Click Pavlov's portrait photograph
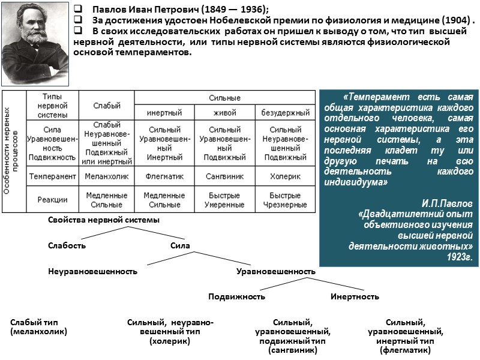click(x=35, y=43)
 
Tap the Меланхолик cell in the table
click(x=106, y=176)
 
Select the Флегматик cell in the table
click(x=164, y=176)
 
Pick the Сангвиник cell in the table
click(x=225, y=176)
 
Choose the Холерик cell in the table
click(x=285, y=176)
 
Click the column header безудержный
click(x=285, y=112)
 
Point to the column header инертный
click(x=164, y=112)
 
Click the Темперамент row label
click(x=53, y=176)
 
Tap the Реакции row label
click(x=53, y=200)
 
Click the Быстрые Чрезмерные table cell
click(x=285, y=200)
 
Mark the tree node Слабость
click(x=67, y=245)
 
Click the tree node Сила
click(x=180, y=245)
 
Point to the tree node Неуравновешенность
click(x=92, y=271)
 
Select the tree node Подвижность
click(x=236, y=296)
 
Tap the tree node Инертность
click(x=355, y=296)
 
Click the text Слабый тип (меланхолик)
click(x=38, y=326)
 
